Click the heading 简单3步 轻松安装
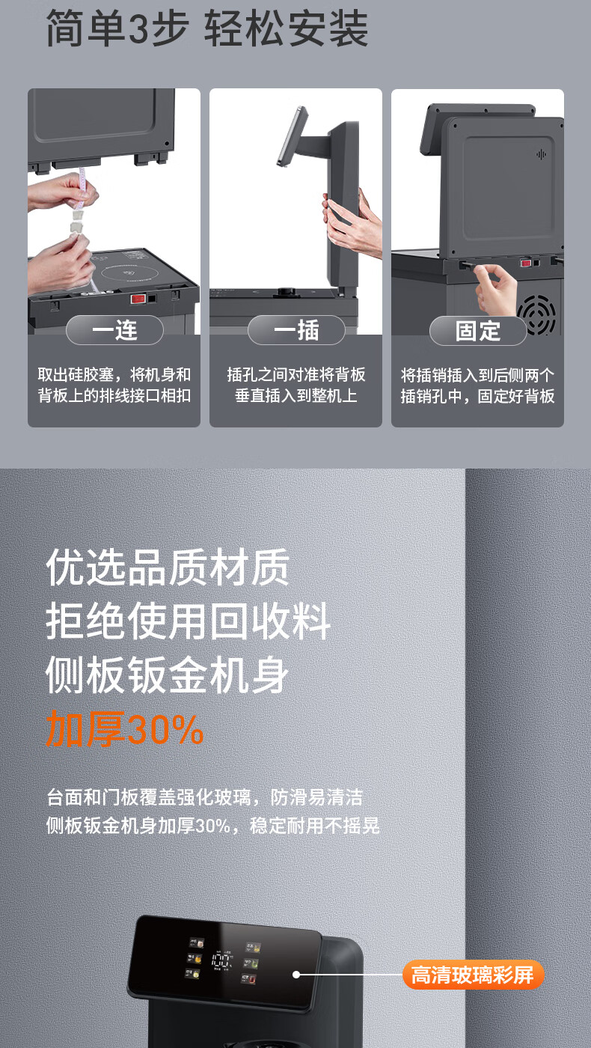tap(207, 29)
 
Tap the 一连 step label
tap(114, 330)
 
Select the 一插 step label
tap(296, 330)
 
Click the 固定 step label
tap(478, 331)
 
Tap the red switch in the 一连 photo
tap(138, 299)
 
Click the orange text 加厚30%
tap(124, 728)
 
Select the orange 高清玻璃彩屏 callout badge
tap(473, 975)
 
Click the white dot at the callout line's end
tap(296, 975)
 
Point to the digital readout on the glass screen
tap(221, 960)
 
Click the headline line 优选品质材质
tap(168, 567)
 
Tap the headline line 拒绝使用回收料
tap(188, 621)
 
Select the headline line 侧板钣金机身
tap(168, 674)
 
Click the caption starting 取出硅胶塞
tap(114, 385)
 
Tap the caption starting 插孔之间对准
tap(296, 385)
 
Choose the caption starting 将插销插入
tap(477, 386)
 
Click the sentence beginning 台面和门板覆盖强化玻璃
tap(204, 797)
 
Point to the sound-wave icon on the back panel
tap(541, 154)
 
